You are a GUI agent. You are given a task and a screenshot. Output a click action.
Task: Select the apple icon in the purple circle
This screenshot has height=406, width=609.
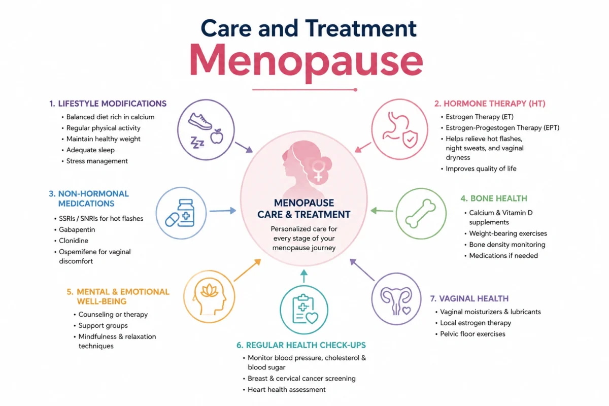217,136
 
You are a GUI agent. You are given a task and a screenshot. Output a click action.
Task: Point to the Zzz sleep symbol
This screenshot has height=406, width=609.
197,142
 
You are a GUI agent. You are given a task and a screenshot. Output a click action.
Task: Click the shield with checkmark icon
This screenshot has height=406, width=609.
410,139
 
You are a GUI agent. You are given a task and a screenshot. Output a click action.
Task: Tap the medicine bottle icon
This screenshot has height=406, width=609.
186,213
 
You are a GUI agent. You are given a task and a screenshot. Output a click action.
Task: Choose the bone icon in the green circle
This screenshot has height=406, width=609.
420,214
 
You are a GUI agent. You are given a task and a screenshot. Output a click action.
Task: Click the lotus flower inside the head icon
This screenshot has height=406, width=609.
209,290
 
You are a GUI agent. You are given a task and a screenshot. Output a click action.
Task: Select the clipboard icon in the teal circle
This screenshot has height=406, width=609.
303,309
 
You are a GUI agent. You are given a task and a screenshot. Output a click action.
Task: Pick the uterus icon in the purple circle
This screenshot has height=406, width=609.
396,301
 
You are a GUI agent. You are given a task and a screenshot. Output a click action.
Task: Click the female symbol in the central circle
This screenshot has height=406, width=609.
318,171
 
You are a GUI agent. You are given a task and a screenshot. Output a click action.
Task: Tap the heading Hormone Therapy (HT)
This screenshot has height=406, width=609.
490,104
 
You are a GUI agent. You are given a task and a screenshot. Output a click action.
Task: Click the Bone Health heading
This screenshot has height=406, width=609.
494,198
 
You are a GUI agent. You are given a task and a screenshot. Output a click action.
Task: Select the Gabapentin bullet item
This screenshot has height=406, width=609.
77,230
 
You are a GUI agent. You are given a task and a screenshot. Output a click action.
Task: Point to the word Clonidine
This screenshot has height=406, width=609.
74,241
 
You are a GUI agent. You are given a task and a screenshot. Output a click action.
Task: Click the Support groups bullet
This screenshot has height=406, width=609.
103,325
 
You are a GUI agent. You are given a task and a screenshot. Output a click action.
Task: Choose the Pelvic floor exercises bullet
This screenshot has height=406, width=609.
472,334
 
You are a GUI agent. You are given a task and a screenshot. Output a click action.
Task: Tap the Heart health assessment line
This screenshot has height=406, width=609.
287,389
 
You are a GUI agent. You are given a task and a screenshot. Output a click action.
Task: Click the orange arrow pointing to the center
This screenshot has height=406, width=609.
248,270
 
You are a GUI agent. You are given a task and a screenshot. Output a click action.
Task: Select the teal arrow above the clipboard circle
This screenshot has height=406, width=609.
304,276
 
